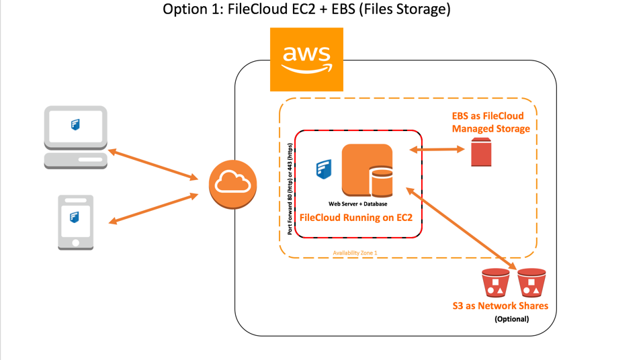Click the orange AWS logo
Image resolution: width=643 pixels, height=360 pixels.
pyautogui.click(x=306, y=59)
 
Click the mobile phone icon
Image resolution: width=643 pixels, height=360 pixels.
pyautogui.click(x=75, y=222)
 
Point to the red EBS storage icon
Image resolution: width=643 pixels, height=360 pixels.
pyautogui.click(x=480, y=152)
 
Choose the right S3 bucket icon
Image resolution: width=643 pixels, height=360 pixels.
pyautogui.click(x=531, y=283)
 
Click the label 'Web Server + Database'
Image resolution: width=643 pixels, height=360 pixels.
pyautogui.click(x=357, y=204)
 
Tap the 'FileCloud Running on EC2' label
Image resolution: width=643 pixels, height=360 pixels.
pyautogui.click(x=355, y=218)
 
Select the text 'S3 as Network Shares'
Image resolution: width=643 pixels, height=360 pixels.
pyautogui.click(x=500, y=306)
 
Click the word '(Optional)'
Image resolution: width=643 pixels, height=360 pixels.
pyautogui.click(x=511, y=318)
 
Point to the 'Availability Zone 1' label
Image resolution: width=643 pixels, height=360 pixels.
pyautogui.click(x=355, y=253)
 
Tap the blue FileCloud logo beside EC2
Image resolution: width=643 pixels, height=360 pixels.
pyautogui.click(x=325, y=169)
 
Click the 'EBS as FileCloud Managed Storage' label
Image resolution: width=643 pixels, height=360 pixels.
pyautogui.click(x=490, y=122)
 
